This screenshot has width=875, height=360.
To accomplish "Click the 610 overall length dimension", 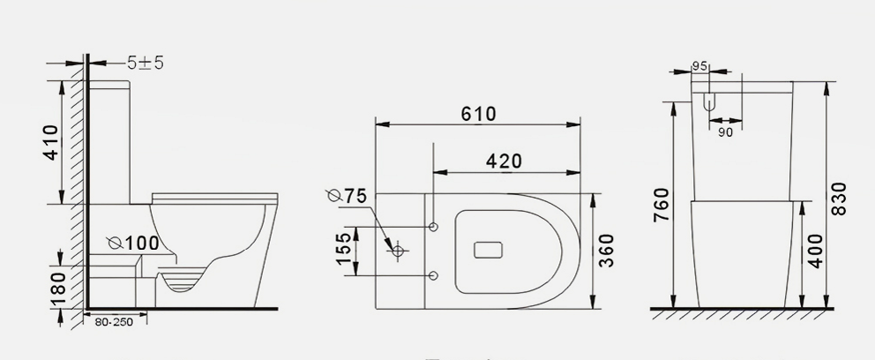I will point(477,114).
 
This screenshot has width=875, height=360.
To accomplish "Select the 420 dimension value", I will point(504,161).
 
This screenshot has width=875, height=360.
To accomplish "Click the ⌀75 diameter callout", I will point(345,196).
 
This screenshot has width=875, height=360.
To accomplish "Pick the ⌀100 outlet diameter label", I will point(133,242).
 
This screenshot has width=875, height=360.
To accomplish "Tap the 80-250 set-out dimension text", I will point(114,323).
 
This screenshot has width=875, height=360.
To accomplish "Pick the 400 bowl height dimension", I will point(815,252).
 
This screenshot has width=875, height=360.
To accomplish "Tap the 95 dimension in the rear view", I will point(700,65).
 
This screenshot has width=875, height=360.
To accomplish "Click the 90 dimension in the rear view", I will point(725,131).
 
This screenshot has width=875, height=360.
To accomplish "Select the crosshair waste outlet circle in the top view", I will point(398,251).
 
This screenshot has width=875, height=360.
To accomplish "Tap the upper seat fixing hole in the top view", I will point(433,227).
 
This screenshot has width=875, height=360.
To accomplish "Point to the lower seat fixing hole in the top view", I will point(433,277).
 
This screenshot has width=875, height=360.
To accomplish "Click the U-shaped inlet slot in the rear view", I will point(708,102).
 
